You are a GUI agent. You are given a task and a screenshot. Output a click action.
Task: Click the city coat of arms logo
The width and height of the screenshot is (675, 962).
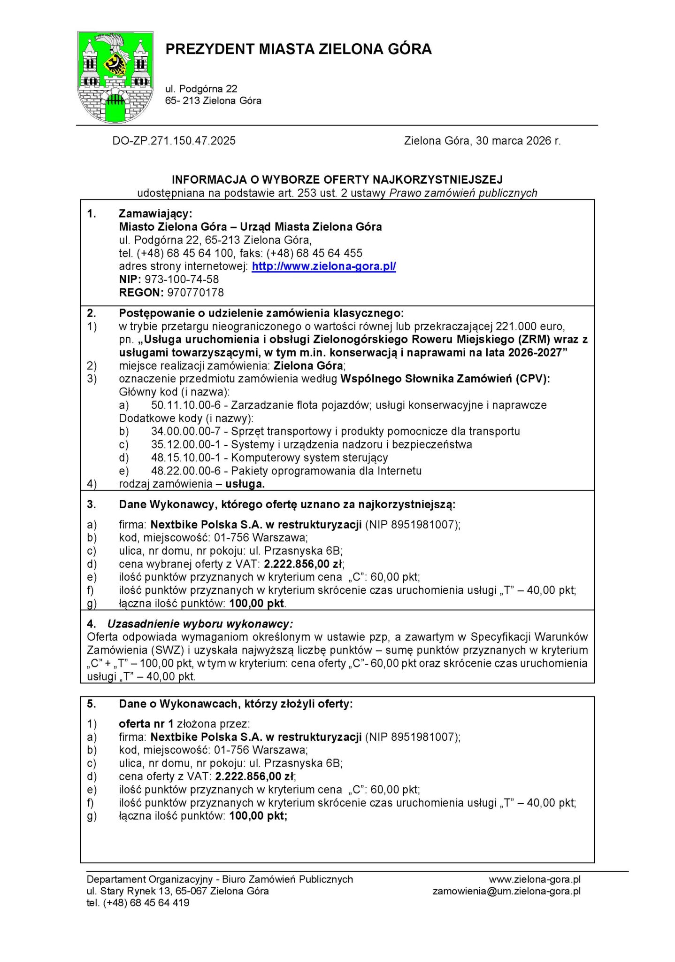point(115,77)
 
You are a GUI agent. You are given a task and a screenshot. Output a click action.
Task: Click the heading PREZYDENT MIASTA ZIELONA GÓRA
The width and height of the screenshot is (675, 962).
point(298,49)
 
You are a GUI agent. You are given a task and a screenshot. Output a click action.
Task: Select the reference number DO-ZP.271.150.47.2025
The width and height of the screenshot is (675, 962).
point(174,140)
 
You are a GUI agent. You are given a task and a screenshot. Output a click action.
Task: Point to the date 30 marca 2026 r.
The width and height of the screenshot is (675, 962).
point(518,140)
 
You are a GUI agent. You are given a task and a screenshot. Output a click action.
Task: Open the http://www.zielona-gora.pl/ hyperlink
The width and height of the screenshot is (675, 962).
point(324,266)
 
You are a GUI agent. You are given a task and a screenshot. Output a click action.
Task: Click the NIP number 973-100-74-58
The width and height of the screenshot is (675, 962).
point(182,279)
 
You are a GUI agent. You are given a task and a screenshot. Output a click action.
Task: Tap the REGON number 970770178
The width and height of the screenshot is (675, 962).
point(195,292)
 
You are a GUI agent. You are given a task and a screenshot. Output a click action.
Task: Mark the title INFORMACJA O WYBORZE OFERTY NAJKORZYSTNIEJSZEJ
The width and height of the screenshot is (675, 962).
point(337,179)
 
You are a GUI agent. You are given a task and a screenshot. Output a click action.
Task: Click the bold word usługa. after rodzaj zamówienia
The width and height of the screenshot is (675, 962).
point(245,484)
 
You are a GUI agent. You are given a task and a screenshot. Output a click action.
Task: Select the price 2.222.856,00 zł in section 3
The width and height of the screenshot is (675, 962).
point(304,564)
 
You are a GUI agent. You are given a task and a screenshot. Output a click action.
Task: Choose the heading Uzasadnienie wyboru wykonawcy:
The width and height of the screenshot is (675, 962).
point(200,624)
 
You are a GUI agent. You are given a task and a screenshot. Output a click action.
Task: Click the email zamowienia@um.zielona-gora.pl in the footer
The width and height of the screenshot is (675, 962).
point(506,891)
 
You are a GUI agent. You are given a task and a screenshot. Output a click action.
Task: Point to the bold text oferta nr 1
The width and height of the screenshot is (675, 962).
point(146,724)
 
